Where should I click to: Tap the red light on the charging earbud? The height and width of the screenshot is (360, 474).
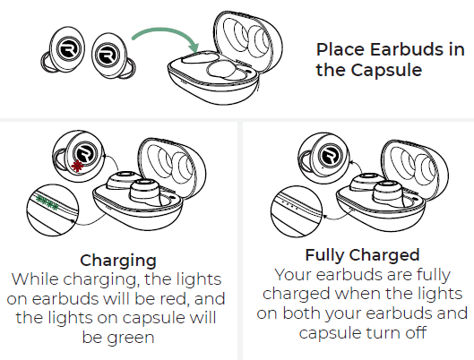pos(77,166)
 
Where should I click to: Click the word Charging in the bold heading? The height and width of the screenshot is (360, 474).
pos(118,261)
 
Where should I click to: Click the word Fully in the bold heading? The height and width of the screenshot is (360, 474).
pos(325,255)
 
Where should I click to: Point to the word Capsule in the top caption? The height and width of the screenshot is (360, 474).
pos(386,71)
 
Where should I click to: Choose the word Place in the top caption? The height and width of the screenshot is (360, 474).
pos(340,49)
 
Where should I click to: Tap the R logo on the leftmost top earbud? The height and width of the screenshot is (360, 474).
pos(67,49)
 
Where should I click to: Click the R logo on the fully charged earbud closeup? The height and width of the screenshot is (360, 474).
pos(330,156)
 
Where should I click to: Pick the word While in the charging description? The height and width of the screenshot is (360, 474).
pos(35,279)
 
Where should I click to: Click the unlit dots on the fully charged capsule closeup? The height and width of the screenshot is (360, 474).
pos(289,203)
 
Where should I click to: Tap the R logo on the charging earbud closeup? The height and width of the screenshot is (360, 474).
pos(84,154)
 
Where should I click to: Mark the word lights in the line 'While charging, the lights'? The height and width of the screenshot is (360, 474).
pos(199,279)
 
